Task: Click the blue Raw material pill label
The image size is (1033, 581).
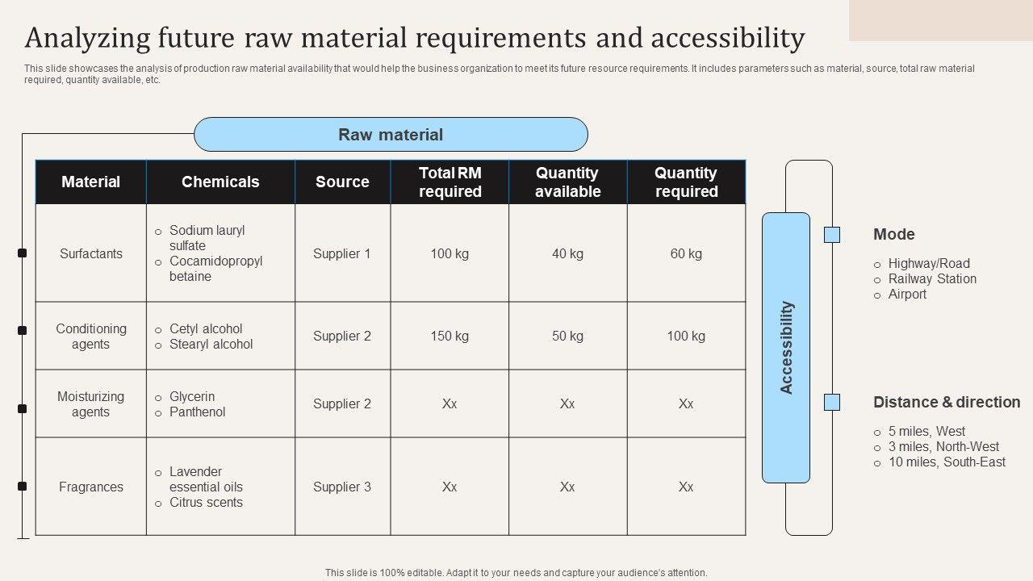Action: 391,135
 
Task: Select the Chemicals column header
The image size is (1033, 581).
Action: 220,182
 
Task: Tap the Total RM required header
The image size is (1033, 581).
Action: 450,182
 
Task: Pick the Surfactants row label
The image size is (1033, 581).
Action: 91,253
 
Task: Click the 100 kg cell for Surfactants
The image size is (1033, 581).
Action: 450,253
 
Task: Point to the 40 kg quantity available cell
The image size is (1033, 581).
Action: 567,253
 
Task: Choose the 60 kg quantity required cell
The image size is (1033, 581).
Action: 686,253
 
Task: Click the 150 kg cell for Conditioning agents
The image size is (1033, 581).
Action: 450,336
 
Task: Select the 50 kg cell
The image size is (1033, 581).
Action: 567,336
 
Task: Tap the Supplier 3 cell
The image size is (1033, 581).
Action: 342,487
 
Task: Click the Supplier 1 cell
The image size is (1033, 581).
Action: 342,253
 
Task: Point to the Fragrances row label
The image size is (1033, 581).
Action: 91,487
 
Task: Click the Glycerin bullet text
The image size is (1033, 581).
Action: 192,396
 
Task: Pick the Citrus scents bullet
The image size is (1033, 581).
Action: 206,502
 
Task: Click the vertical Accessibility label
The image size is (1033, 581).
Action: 787,348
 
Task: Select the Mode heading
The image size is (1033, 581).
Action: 894,235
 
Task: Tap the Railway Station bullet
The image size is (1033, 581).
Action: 932,278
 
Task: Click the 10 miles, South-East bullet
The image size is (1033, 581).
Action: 947,462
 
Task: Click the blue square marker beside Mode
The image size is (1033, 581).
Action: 832,235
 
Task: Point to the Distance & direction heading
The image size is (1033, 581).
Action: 947,402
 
